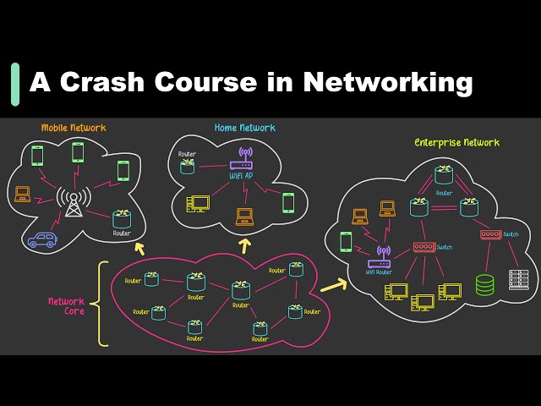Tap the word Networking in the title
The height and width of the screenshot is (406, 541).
[387, 83]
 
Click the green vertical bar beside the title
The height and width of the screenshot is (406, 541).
[15, 84]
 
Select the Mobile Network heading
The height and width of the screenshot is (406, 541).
[74, 128]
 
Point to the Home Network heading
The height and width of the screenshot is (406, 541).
[244, 128]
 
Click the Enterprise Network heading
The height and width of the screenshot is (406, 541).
[456, 142]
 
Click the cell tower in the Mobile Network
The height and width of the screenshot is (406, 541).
[74, 204]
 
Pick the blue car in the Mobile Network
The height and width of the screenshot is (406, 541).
[41, 239]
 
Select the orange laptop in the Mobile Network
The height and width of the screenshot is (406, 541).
[23, 195]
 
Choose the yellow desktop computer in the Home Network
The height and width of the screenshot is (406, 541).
[199, 204]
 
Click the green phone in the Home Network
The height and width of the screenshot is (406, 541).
[288, 202]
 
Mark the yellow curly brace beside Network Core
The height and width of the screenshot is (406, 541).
[102, 304]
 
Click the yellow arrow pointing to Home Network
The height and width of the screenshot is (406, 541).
[246, 245]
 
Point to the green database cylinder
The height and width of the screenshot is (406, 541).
[484, 284]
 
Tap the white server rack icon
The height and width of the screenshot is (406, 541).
[518, 279]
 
